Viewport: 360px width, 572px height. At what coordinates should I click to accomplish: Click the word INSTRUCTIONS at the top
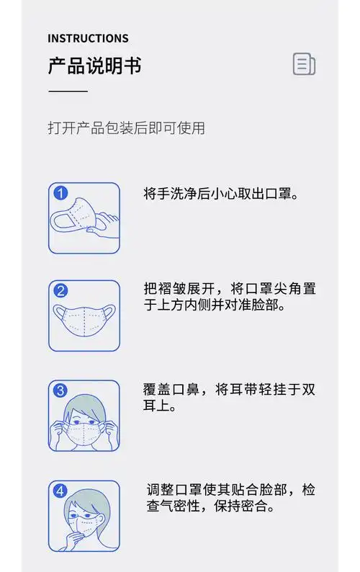[88, 38]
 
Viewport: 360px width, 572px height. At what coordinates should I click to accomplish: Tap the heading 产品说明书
[94, 66]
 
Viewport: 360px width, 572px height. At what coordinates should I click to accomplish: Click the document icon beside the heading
[304, 64]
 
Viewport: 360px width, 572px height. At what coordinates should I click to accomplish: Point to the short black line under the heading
[68, 91]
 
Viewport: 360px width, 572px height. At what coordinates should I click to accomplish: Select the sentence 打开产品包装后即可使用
[126, 128]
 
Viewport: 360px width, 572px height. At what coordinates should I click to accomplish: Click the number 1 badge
[61, 193]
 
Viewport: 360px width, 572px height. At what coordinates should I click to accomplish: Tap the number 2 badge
[61, 291]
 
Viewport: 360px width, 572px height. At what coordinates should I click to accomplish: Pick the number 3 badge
[61, 390]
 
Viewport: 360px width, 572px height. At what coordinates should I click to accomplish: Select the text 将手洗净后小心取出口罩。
[221, 194]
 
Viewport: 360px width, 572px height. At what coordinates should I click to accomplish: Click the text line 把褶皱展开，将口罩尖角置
[229, 288]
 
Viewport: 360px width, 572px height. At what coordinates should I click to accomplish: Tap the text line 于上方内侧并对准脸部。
[214, 305]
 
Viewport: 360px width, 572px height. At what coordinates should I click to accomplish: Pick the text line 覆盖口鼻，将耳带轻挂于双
[229, 389]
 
